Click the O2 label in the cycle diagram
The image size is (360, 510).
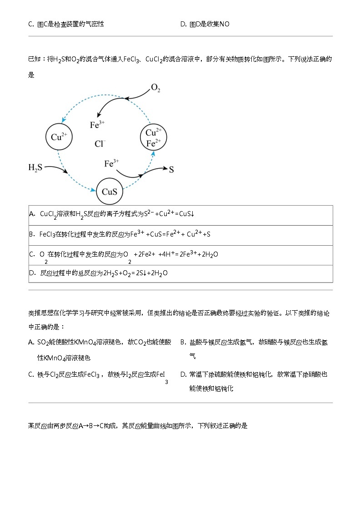pos(155,88)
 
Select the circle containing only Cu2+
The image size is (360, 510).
pos(59,136)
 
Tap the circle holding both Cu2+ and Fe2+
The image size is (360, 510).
pos(154,138)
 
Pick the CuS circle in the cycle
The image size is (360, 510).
pos(110,191)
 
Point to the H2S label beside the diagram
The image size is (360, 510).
pos(35,168)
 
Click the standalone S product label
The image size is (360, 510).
pos(171,170)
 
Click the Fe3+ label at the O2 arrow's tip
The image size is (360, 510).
pos(97,124)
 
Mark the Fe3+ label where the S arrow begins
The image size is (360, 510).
pos(112,163)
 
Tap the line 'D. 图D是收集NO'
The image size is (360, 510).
pos(205,24)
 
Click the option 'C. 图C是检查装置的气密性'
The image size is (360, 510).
pos(66,24)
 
